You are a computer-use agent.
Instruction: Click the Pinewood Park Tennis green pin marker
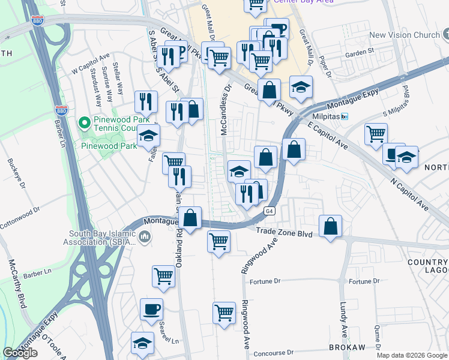85,124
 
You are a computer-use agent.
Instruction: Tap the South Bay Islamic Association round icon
145,238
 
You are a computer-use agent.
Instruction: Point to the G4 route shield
270,211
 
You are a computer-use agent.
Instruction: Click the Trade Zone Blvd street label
284,232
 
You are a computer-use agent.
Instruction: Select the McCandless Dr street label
227,108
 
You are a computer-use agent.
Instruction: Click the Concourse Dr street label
273,353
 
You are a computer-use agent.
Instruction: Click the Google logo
20,353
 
